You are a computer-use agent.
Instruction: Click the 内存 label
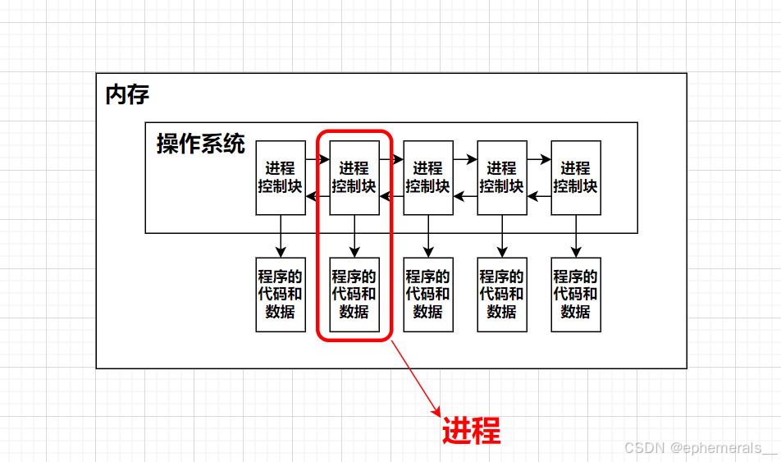127,94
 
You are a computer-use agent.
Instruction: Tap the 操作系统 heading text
201,144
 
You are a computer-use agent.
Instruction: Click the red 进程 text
471,430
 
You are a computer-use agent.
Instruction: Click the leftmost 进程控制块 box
281,178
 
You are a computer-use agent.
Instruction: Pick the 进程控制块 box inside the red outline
354,178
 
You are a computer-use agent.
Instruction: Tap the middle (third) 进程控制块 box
428,178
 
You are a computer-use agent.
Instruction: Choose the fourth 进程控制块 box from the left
502,178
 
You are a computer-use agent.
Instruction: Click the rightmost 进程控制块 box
576,178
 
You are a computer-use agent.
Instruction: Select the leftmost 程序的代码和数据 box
281,295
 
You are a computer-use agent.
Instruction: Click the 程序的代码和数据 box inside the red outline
354,295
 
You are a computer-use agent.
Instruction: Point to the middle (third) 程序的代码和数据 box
428,295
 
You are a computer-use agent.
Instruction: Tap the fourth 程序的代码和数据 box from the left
502,295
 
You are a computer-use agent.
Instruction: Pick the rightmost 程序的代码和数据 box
576,295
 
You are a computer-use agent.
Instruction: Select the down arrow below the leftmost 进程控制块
281,236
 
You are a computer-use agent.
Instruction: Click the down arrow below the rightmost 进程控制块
576,236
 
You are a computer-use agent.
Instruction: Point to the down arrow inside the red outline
354,236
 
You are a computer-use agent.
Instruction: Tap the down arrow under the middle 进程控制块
428,236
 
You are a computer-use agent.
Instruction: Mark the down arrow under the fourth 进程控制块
502,236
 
